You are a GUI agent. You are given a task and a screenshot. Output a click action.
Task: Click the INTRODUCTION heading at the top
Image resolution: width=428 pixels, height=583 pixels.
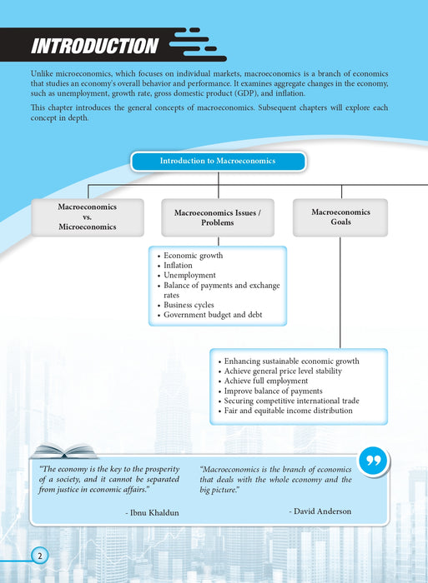[93, 46]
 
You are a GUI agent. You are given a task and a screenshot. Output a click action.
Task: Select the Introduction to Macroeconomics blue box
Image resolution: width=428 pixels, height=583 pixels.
[217, 161]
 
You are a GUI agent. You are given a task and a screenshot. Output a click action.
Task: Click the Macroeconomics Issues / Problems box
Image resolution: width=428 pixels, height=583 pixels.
[217, 217]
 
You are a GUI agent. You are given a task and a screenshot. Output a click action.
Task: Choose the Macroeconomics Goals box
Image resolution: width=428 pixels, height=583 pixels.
[340, 217]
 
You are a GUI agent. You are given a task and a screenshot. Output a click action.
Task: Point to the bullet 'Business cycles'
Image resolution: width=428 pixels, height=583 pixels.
[194, 305]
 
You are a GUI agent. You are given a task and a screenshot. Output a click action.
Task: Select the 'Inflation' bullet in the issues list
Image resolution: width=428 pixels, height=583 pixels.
[178, 266]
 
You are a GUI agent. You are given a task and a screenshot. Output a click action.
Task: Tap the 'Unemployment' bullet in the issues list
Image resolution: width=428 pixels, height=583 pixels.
[189, 276]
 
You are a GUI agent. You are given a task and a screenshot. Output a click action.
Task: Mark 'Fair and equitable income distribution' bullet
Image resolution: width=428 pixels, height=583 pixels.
[288, 411]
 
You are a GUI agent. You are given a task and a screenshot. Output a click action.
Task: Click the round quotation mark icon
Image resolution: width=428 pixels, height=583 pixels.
[374, 461]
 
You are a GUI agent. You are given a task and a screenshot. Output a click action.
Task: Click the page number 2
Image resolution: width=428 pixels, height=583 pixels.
[38, 556]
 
